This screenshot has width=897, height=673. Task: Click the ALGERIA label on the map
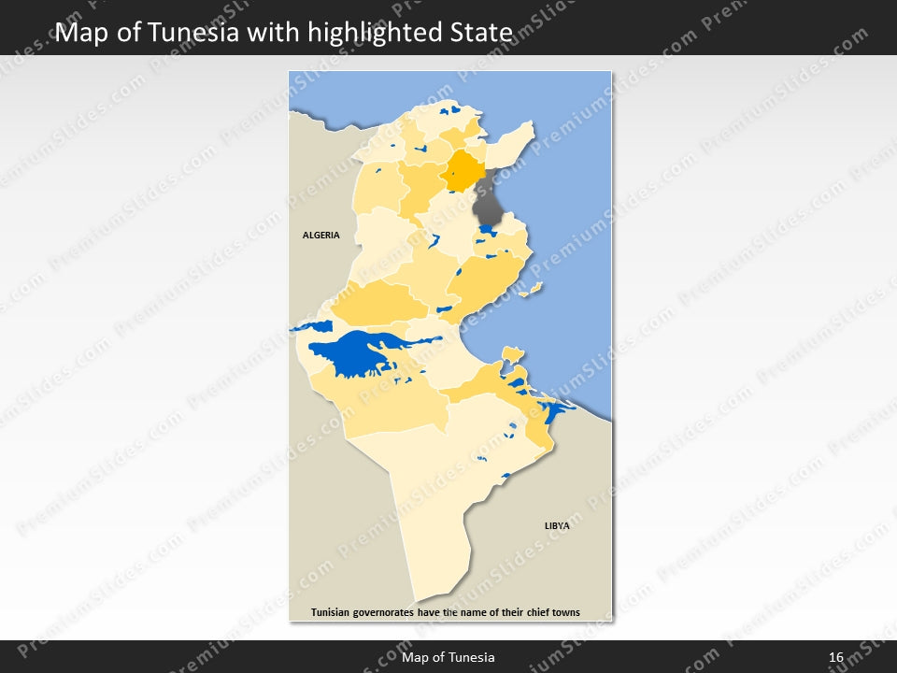320,236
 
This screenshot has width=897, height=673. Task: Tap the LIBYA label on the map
557,526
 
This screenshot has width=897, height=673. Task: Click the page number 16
835,658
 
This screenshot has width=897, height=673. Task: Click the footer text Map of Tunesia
448,658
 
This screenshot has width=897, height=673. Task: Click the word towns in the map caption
563,613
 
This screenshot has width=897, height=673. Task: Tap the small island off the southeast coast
511,353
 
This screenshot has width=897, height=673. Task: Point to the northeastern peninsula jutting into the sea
514,140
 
